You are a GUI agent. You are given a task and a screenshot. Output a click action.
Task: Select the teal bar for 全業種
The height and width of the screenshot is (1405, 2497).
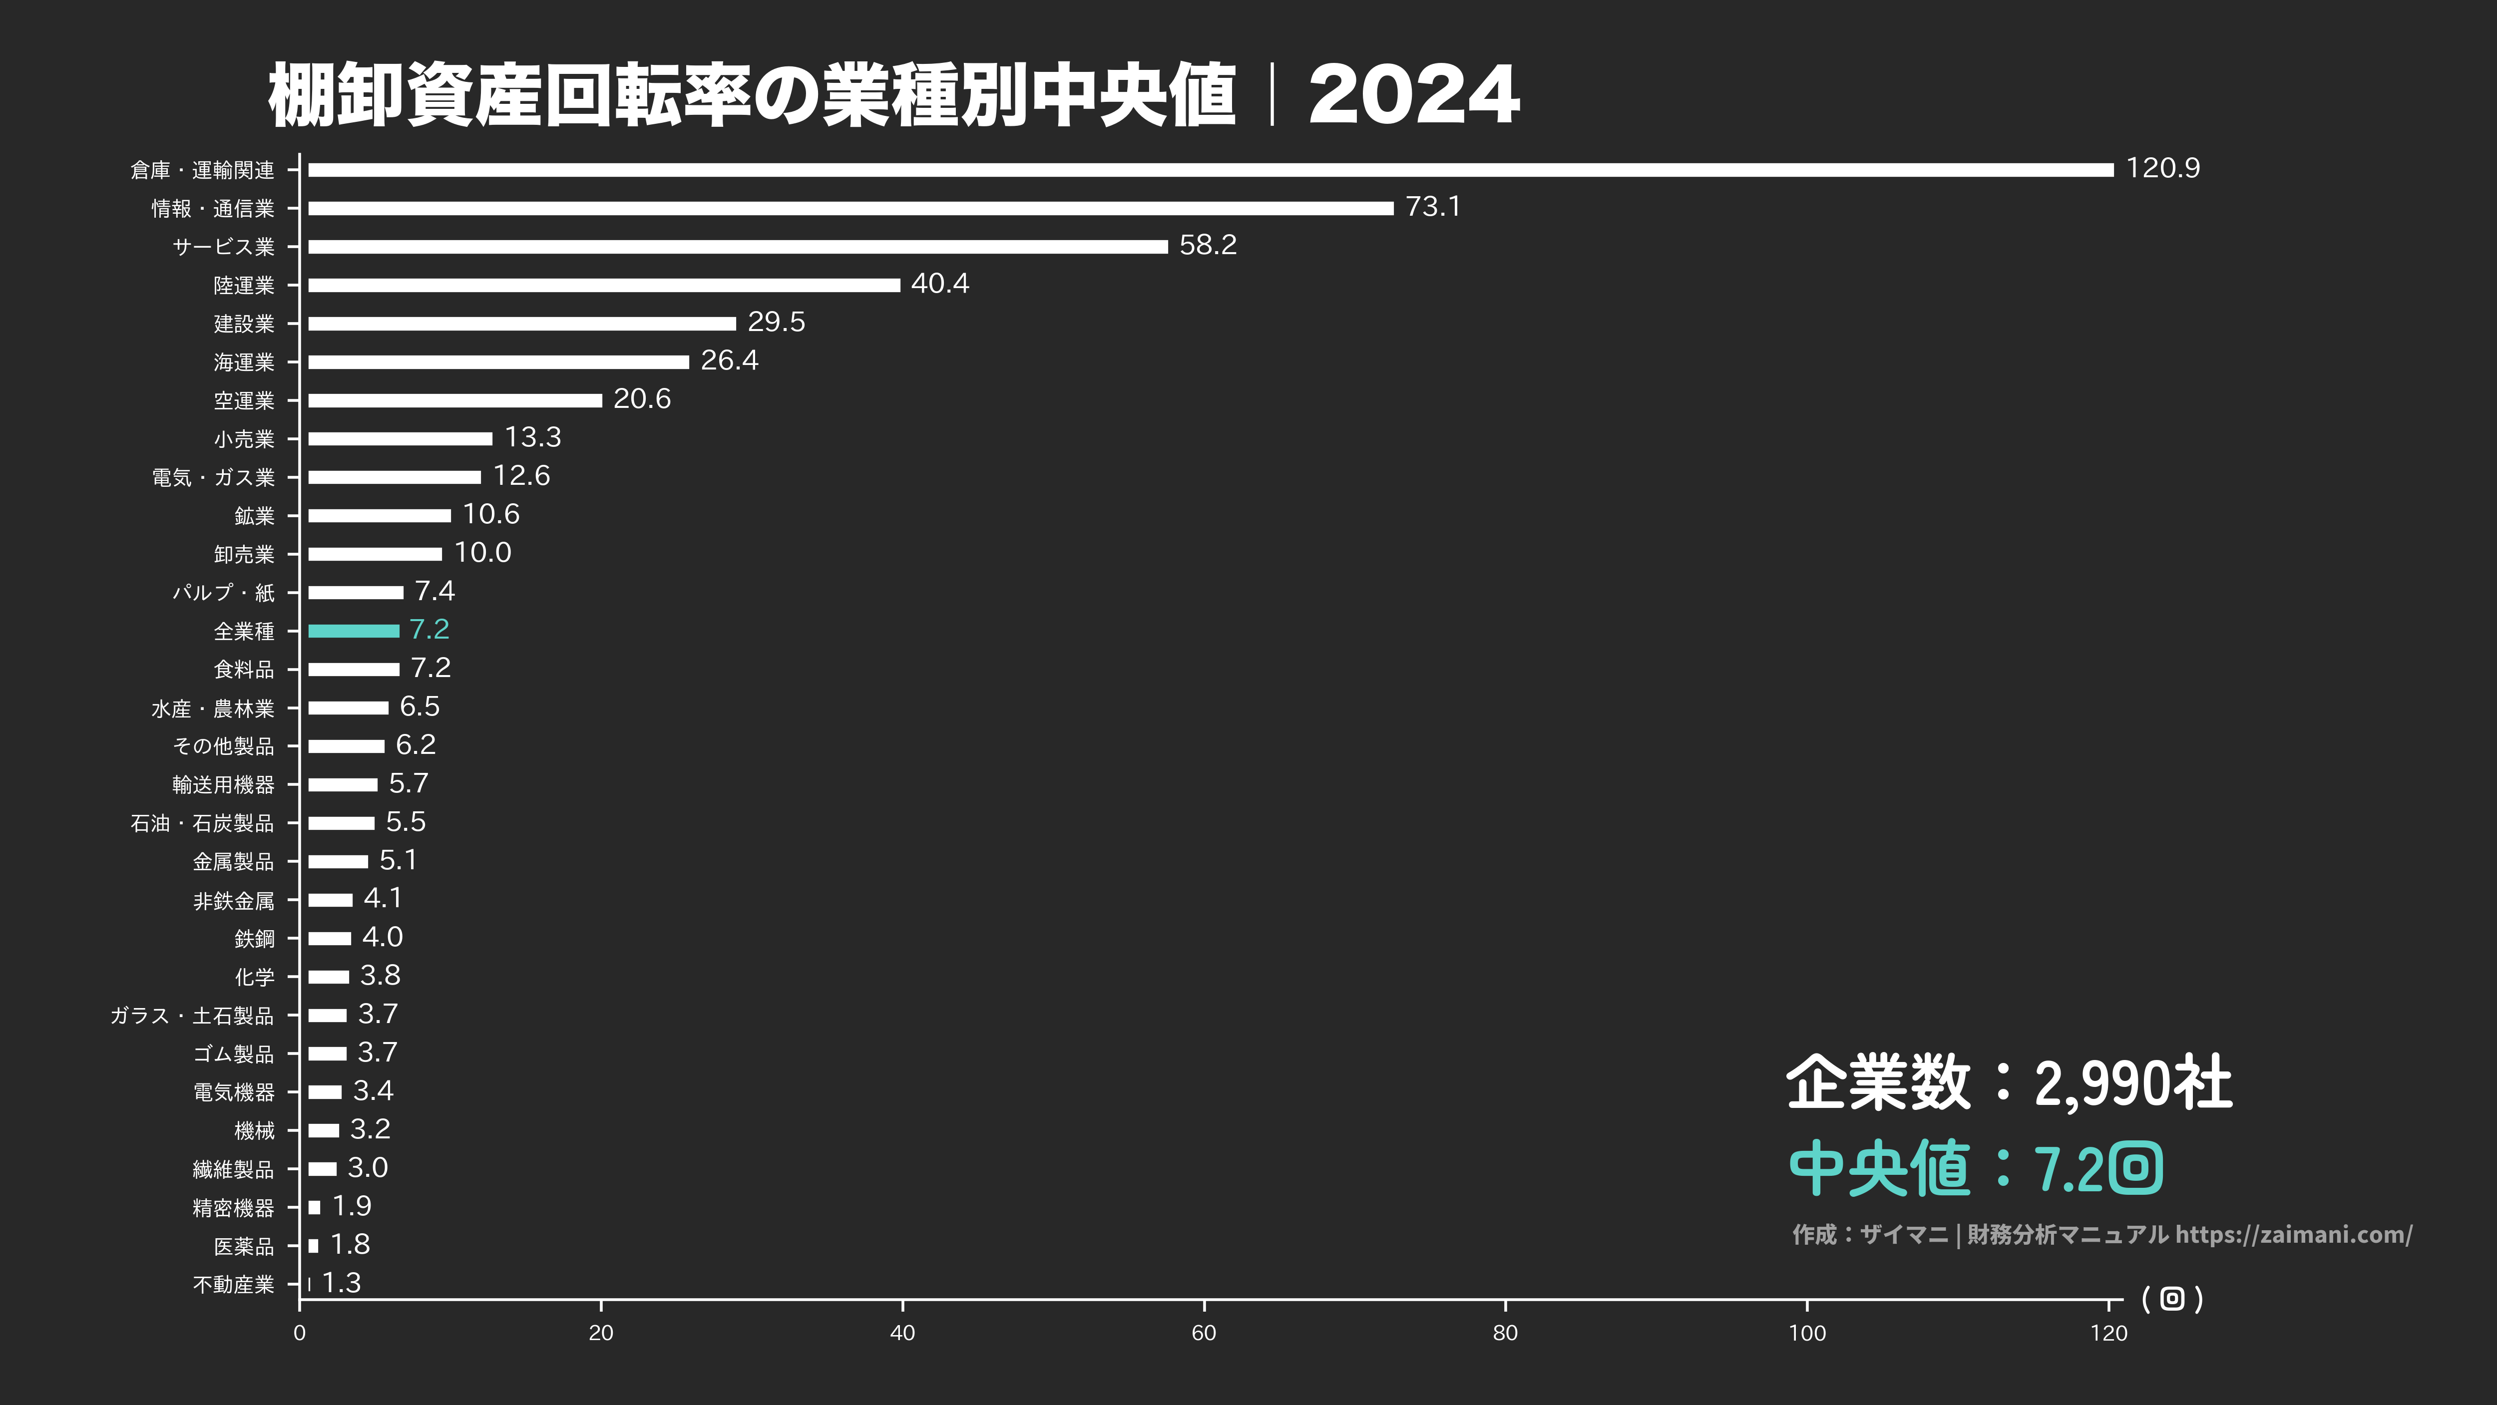[353, 631]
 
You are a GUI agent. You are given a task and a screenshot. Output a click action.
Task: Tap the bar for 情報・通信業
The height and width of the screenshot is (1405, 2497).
[850, 208]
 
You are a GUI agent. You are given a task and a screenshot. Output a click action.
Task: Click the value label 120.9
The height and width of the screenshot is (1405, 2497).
[2162, 169]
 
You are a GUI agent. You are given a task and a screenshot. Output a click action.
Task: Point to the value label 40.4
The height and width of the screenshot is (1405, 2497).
[939, 284]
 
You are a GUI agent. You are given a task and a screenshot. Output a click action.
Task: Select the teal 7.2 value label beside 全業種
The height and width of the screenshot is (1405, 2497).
[429, 630]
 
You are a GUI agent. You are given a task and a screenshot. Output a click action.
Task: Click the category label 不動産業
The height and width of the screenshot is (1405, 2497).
[234, 1285]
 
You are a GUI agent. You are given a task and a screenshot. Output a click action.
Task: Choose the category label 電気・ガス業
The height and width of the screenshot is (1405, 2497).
[213, 478]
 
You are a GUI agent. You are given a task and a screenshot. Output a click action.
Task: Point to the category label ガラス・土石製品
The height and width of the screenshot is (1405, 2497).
[192, 1016]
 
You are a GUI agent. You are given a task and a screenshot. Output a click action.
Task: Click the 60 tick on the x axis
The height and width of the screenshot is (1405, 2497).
[1203, 1333]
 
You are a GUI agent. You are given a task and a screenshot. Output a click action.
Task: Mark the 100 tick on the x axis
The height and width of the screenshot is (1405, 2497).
[1806, 1333]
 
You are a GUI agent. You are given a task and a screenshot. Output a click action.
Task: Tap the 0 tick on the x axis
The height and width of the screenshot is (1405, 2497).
[300, 1333]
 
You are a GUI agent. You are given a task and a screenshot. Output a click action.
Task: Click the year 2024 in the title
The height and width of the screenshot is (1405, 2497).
[1413, 95]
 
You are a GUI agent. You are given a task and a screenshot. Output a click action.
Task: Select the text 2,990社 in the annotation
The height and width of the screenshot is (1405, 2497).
[2132, 1083]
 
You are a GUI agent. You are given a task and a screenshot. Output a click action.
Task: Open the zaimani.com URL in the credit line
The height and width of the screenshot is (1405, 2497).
[2293, 1234]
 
